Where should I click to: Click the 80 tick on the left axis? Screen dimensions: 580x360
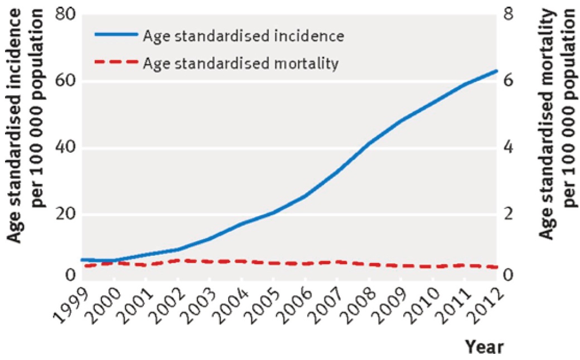(65, 15)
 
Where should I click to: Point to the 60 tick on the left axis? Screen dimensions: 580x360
(65, 81)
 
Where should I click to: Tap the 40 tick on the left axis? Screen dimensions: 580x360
(65, 148)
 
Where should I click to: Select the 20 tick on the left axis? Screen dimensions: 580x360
(65, 215)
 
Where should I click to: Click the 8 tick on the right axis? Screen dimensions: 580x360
(509, 15)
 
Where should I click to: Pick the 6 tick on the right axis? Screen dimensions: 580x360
(509, 81)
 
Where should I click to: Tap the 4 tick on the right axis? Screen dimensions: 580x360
(509, 148)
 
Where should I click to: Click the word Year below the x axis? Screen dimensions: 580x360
(484, 347)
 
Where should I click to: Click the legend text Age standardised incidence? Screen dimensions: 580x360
(243, 36)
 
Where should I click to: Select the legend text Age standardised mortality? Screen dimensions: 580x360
(241, 64)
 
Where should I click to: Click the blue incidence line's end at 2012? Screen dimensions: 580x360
(496, 70)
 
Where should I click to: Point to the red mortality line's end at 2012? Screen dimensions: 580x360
(496, 267)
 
